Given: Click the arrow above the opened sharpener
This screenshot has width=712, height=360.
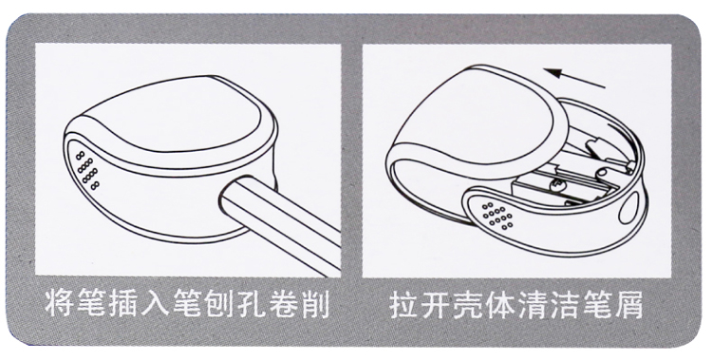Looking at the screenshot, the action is click(x=574, y=78).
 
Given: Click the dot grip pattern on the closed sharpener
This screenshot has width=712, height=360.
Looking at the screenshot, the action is click(x=87, y=170).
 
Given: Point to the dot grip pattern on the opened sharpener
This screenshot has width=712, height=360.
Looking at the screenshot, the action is click(x=497, y=215).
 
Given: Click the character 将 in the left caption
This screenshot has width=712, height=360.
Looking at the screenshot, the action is click(x=60, y=303).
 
